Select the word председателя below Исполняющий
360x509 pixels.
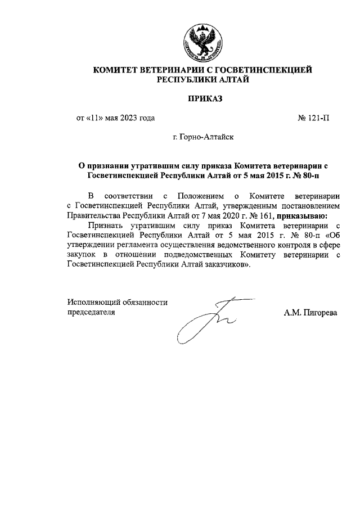(x=91, y=313)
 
